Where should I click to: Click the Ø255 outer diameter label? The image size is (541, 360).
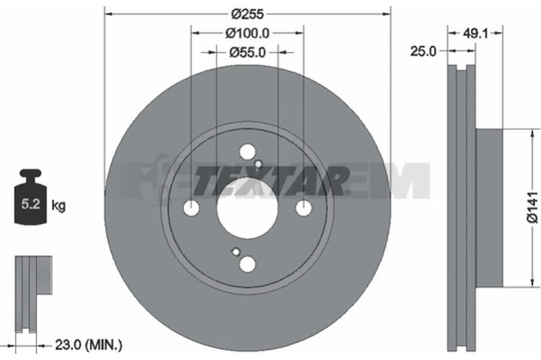[x=248, y=14]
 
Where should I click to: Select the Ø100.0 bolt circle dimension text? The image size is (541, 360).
[x=248, y=33]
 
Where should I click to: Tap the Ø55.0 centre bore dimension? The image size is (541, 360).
[x=248, y=53]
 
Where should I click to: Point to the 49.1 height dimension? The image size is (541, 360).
[x=475, y=33]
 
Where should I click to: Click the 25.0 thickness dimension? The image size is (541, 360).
[x=423, y=51]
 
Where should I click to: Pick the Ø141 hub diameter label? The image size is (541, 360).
[x=533, y=208]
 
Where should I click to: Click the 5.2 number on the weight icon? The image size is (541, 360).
[x=31, y=204]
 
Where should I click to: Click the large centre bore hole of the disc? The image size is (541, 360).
[x=247, y=208]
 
